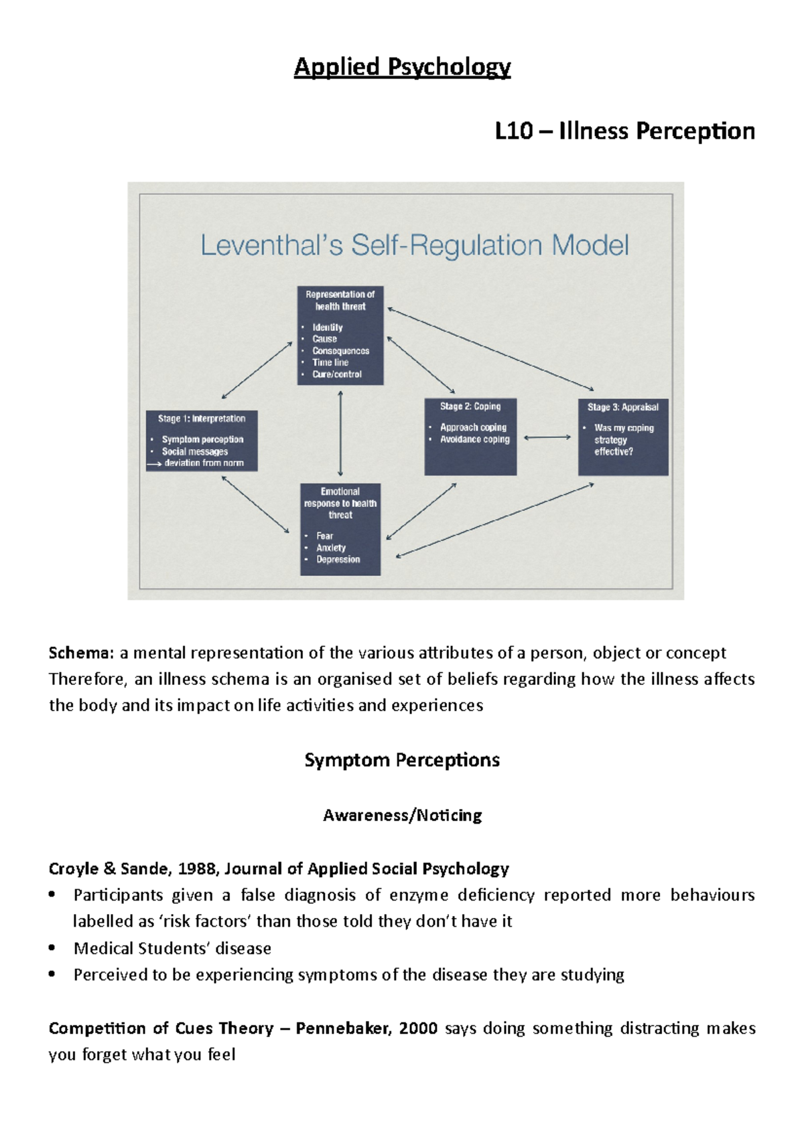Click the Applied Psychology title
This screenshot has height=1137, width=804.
pyautogui.click(x=402, y=67)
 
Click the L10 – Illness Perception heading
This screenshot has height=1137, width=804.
pyautogui.click(x=624, y=131)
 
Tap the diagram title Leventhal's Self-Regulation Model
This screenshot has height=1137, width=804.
pyautogui.click(x=414, y=245)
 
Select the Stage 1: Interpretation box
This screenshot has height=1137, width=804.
pyautogui.click(x=202, y=440)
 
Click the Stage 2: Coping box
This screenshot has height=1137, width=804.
pyautogui.click(x=470, y=437)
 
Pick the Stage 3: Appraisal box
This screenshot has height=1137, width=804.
pyautogui.click(x=623, y=437)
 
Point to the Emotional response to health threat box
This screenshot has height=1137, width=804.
pyautogui.click(x=340, y=529)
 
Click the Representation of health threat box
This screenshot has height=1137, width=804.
pyautogui.click(x=340, y=335)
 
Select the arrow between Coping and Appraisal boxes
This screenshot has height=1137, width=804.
pyautogui.click(x=547, y=437)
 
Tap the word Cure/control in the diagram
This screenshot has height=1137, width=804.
pyautogui.click(x=337, y=374)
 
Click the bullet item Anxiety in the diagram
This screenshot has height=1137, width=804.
pyautogui.click(x=331, y=548)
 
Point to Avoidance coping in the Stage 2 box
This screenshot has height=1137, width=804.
pyautogui.click(x=474, y=439)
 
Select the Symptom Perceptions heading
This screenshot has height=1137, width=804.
pyautogui.click(x=402, y=760)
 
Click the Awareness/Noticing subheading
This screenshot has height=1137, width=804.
pyautogui.click(x=402, y=815)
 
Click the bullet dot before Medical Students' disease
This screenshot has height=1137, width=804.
pyautogui.click(x=53, y=948)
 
